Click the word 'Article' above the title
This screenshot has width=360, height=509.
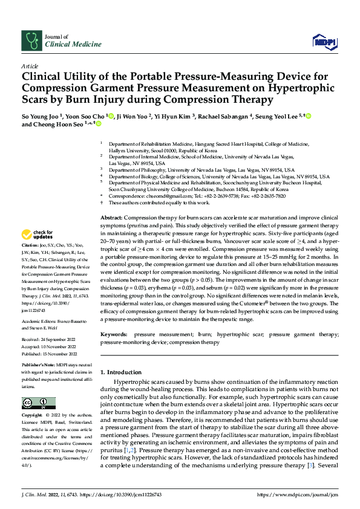point(30,65)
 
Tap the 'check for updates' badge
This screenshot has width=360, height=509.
point(37,234)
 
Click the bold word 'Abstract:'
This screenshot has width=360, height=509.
point(111,217)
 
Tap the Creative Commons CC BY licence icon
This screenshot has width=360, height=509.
point(39,403)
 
